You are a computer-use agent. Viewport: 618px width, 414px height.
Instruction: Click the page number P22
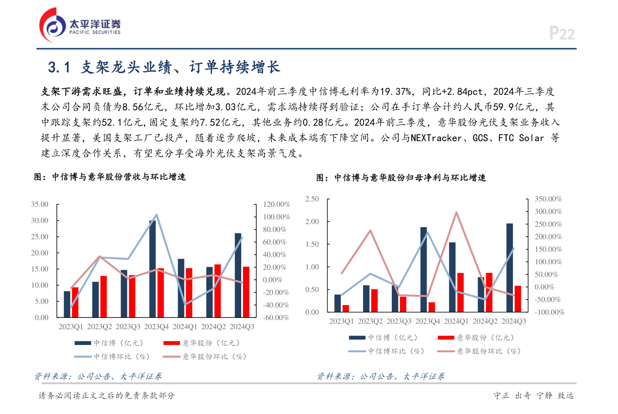click(561, 33)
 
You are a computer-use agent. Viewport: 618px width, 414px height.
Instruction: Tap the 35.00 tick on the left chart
click(39, 205)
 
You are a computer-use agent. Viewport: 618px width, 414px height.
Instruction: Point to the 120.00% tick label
click(276, 205)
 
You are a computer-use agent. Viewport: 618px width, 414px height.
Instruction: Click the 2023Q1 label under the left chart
click(71, 327)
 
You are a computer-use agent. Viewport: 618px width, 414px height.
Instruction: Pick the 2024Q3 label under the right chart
click(513, 321)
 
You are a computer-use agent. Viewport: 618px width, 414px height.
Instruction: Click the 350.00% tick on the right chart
click(548, 199)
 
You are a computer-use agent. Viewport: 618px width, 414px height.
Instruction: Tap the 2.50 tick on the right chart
click(312, 199)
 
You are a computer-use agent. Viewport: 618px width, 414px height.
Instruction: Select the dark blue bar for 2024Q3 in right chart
click(509, 268)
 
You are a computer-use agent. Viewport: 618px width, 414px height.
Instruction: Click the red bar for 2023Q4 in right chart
click(432, 307)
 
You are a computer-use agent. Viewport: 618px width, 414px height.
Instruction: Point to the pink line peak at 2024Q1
click(456, 212)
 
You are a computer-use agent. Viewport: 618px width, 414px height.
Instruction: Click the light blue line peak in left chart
click(157, 215)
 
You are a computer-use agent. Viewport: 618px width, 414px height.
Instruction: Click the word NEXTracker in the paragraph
click(436, 138)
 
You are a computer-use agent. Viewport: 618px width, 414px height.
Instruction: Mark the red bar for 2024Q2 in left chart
click(218, 291)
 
